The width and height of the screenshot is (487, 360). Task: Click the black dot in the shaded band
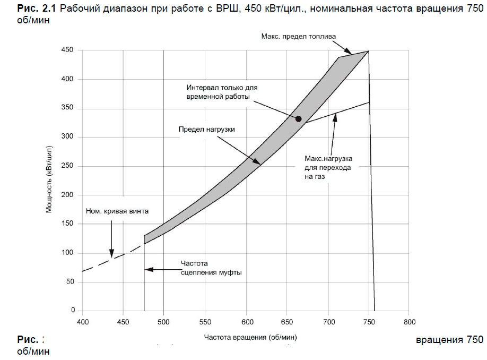tap(299, 118)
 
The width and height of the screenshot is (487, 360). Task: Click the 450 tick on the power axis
tap(67, 50)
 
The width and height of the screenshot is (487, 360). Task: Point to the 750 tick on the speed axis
tap(368, 322)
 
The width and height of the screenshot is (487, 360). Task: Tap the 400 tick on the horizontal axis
tap(82, 322)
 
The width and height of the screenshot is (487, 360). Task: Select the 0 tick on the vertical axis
tap(73, 310)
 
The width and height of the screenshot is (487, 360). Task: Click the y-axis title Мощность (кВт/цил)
tap(49, 181)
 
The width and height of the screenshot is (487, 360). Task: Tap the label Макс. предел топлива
tap(299, 36)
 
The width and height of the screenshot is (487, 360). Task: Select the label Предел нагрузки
tap(206, 128)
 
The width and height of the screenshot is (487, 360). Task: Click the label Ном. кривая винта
tap(117, 211)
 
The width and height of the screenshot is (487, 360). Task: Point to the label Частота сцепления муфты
tap(211, 268)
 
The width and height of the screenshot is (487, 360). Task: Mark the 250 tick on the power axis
tap(67, 166)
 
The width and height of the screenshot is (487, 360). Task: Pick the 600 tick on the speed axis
tap(246, 322)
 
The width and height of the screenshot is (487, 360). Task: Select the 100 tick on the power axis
tap(67, 252)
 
